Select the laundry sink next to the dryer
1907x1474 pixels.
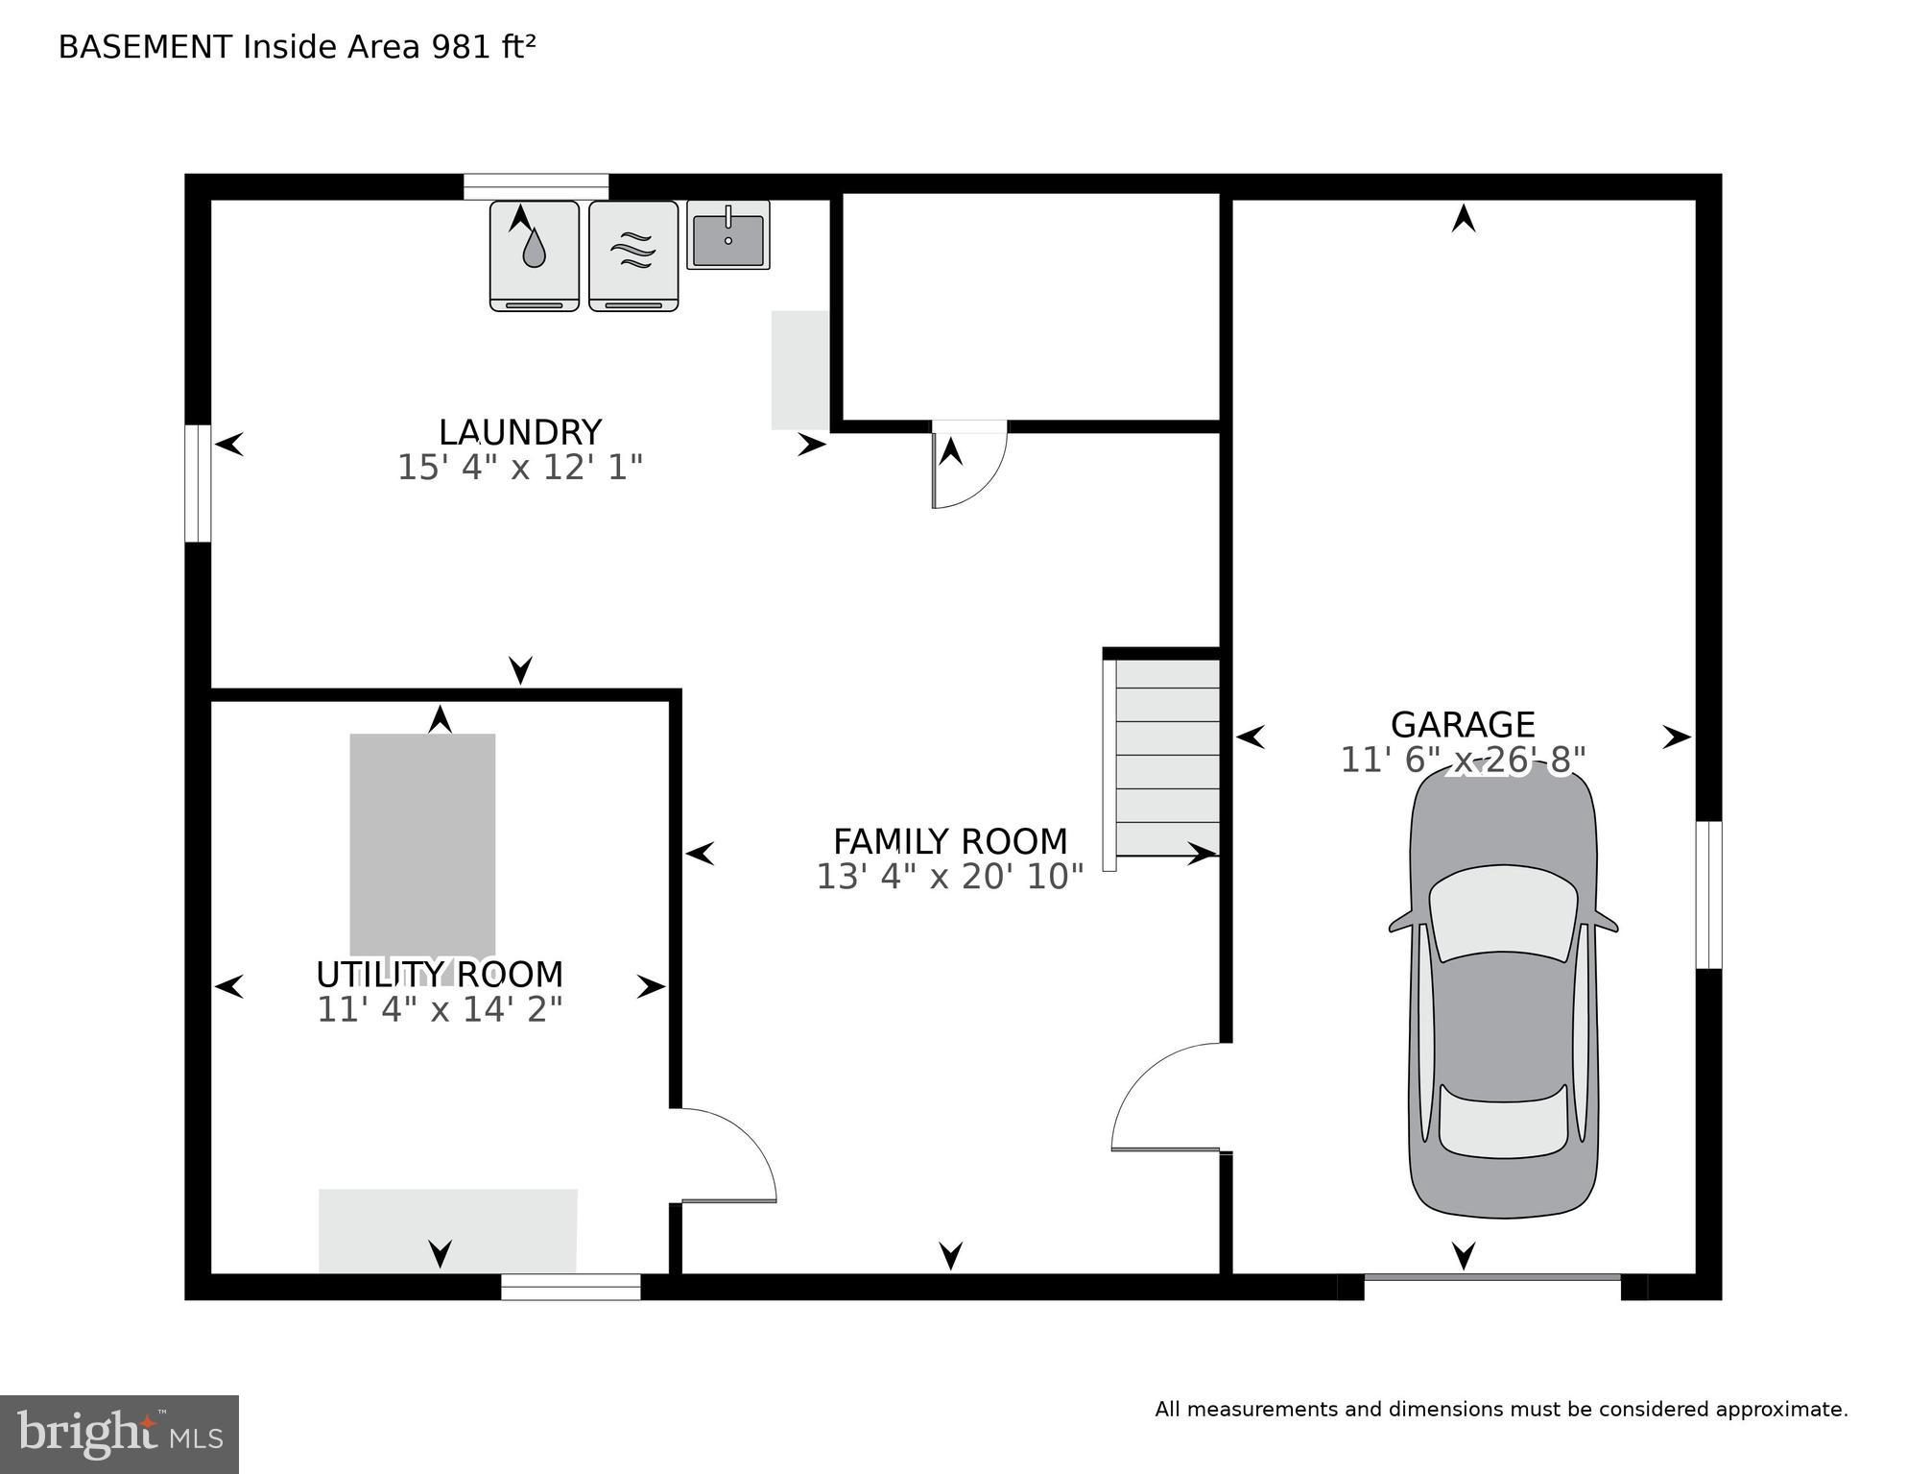727,235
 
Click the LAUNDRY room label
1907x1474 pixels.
519,432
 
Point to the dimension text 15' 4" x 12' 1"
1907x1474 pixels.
519,468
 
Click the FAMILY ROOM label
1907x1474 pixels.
949,841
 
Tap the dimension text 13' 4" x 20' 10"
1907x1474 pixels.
949,877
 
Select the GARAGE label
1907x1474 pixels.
1462,724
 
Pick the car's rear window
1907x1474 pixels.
1503,1121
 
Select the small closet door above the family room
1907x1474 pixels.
967,466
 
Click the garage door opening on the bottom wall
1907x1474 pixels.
1491,1278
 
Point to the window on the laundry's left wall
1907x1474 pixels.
198,483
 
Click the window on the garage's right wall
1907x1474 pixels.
1708,894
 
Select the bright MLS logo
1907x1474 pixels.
119,1434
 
